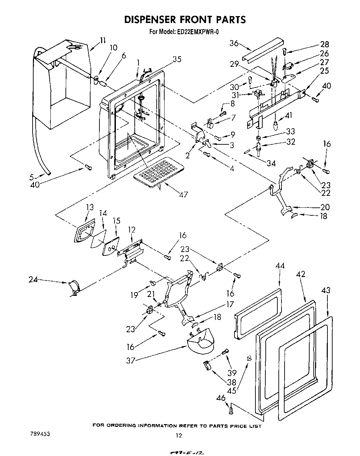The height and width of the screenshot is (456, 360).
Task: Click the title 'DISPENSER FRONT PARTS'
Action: [185, 20]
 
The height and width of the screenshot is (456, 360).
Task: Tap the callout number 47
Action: [183, 194]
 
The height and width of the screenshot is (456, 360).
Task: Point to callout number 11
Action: [103, 40]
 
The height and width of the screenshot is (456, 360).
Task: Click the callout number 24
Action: [33, 279]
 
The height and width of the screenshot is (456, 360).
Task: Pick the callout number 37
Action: [131, 360]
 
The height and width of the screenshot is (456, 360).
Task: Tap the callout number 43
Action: [326, 290]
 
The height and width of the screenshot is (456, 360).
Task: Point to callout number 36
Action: [234, 43]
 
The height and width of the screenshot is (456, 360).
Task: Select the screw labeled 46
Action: [231, 409]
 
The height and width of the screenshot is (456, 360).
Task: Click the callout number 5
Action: [32, 177]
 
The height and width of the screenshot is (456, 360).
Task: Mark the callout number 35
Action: [177, 59]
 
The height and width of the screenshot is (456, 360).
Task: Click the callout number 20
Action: [325, 207]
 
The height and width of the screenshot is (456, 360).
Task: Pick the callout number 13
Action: [90, 207]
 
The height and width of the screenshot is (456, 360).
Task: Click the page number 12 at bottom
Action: [178, 436]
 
